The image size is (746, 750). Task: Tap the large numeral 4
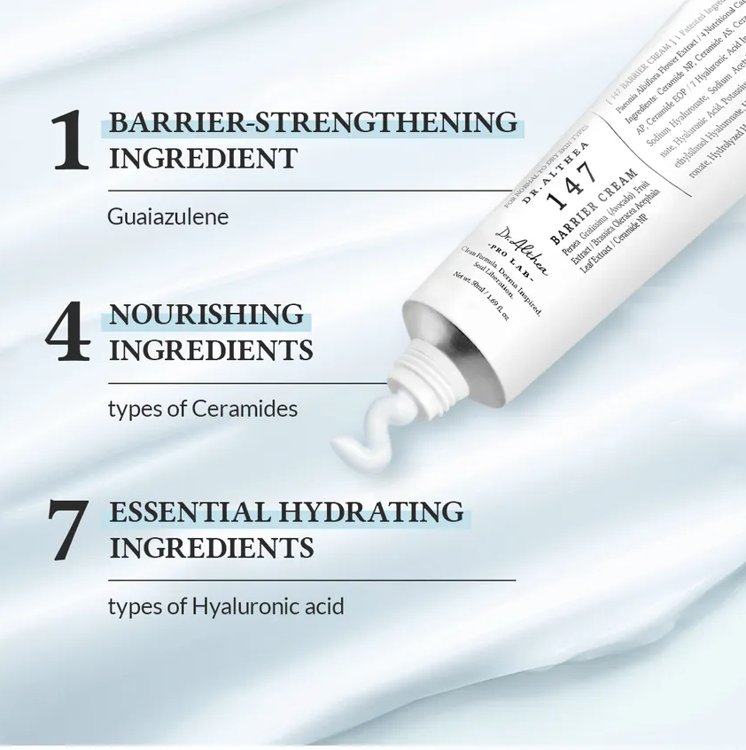pyautogui.click(x=68, y=332)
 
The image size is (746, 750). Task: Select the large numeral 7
pyautogui.click(x=68, y=530)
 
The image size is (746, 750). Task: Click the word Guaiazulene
pyautogui.click(x=168, y=216)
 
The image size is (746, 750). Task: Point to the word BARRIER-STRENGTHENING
pyautogui.click(x=313, y=122)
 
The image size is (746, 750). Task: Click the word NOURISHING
pyautogui.click(x=206, y=314)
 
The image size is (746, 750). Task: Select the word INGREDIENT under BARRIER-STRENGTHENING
pyautogui.click(x=203, y=159)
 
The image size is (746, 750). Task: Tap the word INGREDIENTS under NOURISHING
pyautogui.click(x=211, y=350)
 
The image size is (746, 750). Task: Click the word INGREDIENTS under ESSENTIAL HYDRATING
pyautogui.click(x=212, y=547)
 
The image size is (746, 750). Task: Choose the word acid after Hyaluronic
pyautogui.click(x=322, y=607)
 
